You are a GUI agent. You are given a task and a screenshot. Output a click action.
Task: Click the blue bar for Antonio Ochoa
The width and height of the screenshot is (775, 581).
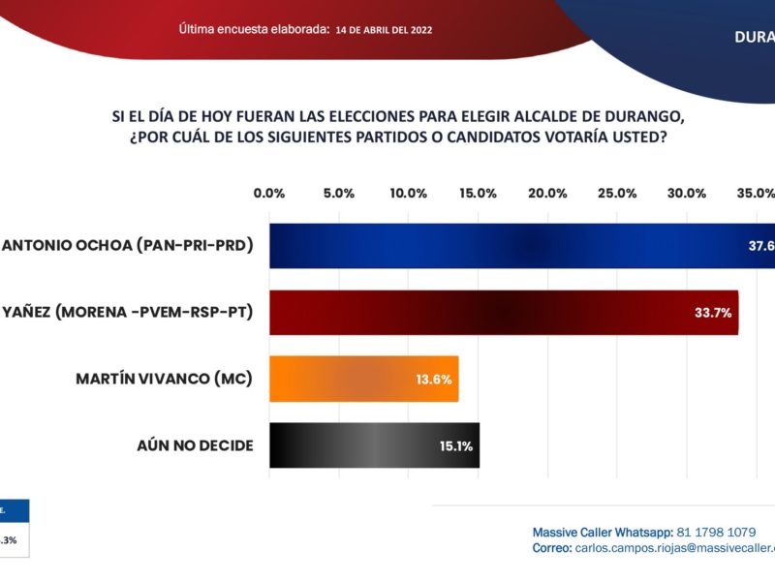(513, 246)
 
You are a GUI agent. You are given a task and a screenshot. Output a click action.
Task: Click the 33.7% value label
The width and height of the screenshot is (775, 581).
(712, 313)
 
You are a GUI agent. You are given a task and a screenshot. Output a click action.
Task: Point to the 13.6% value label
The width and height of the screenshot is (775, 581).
(434, 380)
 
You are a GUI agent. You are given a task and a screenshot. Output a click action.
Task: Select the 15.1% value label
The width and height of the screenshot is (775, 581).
(455, 446)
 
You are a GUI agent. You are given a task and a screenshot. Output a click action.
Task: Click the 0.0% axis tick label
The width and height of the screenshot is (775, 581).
(269, 193)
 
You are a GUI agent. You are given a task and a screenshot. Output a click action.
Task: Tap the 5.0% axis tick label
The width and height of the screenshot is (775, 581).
(339, 193)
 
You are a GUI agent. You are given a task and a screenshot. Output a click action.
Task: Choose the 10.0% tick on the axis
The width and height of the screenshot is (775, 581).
(409, 193)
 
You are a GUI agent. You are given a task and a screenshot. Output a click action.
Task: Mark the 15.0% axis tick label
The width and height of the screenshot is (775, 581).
(479, 193)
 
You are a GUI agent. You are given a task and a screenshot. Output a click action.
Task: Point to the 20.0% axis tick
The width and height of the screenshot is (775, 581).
(548, 193)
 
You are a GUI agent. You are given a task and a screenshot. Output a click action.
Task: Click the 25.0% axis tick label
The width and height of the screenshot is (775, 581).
(618, 193)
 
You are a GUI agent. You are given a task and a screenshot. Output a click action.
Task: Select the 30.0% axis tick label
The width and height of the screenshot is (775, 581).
(688, 193)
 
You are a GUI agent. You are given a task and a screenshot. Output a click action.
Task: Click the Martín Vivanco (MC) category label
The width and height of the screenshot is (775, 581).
(164, 379)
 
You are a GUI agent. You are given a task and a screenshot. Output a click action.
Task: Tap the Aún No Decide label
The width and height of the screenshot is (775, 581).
(195, 445)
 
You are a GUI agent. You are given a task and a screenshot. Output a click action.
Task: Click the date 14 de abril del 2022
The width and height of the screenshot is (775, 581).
(384, 30)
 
